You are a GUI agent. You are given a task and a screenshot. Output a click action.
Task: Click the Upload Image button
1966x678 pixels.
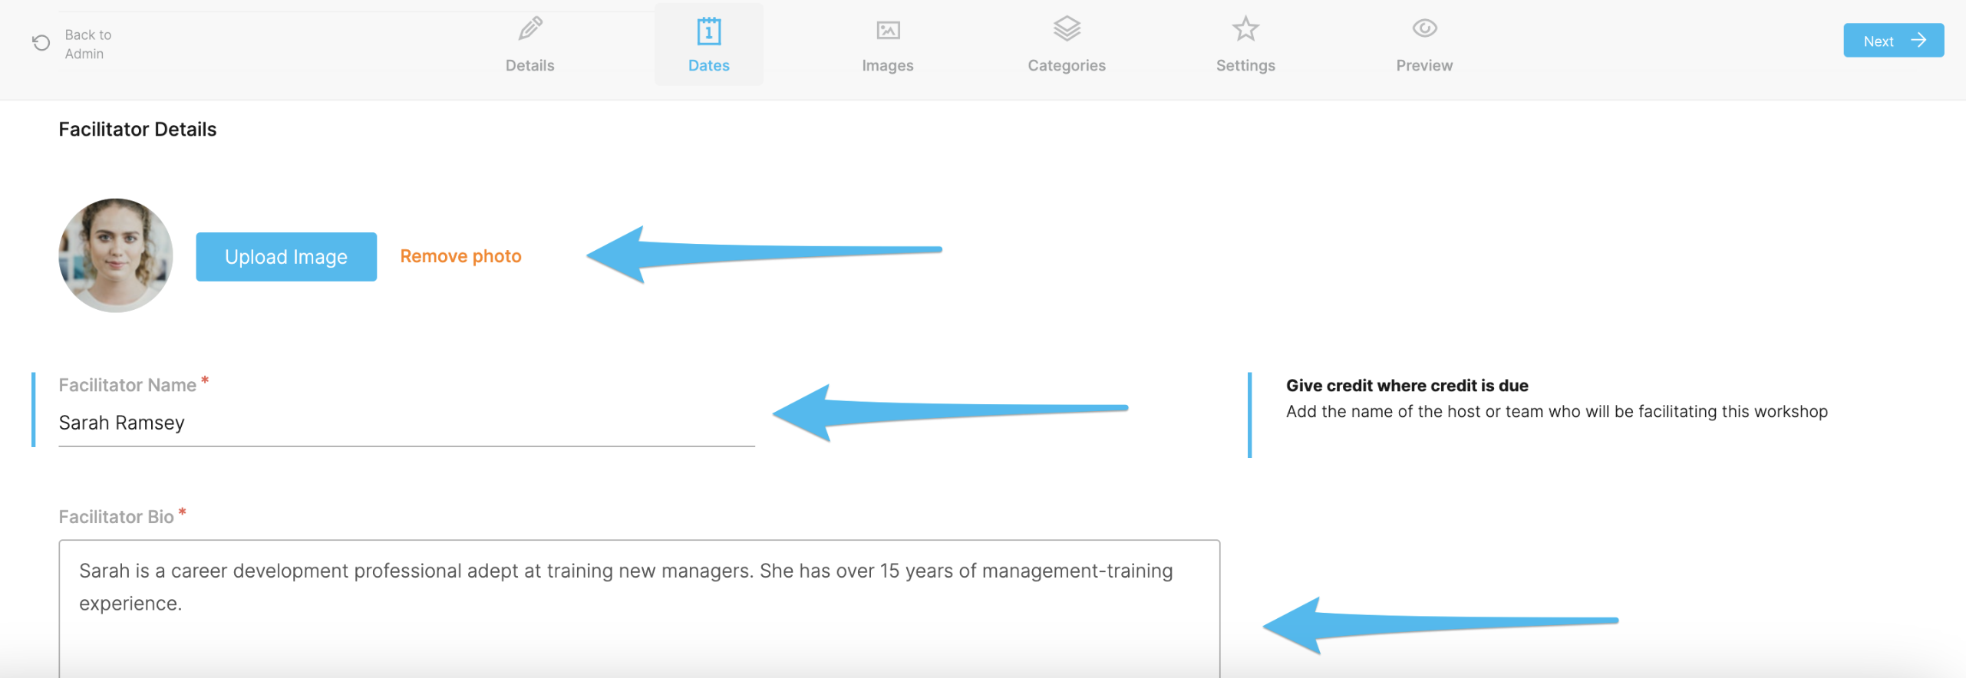tap(286, 257)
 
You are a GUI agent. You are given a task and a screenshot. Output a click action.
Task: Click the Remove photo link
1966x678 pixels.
tap(460, 256)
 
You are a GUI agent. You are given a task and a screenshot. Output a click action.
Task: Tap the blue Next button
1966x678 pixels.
tap(1893, 41)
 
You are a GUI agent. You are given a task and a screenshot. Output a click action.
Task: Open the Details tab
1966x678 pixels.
tap(529, 44)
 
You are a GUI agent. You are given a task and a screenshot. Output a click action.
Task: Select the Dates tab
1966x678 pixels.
tap(708, 44)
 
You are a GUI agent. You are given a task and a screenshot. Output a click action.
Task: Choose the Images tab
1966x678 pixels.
tap(887, 44)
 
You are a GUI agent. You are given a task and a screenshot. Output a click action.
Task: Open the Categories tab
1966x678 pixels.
tap(1067, 44)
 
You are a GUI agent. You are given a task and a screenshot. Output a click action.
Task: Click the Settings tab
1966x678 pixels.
tap(1245, 44)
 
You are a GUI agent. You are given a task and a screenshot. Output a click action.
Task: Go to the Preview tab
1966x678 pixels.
tap(1424, 44)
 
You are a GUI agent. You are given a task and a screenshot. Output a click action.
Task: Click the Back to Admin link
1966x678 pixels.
tap(73, 44)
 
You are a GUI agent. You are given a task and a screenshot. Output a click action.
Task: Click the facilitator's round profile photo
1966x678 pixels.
tap(116, 255)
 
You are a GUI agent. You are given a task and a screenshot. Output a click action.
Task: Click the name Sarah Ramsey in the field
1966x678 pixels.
tap(122, 423)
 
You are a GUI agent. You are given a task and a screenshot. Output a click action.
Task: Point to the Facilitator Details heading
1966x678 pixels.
tap(138, 129)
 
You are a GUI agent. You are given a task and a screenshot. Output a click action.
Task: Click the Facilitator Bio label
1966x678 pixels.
tap(117, 517)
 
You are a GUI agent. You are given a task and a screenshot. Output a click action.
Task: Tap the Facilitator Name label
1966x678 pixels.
tap(127, 385)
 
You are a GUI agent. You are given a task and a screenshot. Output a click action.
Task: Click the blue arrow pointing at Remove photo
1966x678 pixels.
tap(764, 253)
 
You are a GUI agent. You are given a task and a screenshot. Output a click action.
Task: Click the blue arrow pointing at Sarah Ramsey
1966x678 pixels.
tap(950, 412)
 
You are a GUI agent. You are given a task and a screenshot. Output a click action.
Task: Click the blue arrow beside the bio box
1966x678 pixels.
tap(1440, 625)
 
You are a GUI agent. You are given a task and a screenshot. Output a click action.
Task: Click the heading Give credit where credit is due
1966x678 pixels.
tap(1407, 386)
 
